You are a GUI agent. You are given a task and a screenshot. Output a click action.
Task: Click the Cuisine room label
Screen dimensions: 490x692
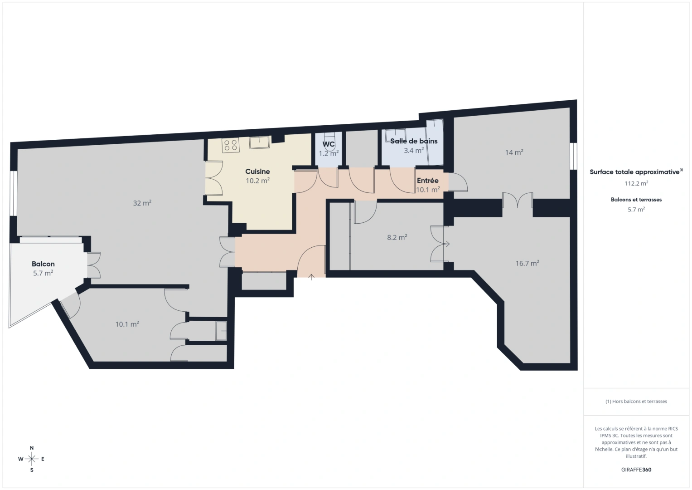(257, 171)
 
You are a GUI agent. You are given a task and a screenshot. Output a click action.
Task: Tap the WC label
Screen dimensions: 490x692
(329, 144)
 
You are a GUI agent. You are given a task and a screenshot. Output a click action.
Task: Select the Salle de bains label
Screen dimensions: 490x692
(414, 141)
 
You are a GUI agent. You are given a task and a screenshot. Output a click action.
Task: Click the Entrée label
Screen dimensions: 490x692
(427, 181)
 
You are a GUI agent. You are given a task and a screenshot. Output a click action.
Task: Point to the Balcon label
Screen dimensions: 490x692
(43, 264)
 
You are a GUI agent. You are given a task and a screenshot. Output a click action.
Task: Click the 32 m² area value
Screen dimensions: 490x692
(142, 203)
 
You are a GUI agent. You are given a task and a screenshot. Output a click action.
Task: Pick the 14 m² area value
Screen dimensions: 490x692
(514, 152)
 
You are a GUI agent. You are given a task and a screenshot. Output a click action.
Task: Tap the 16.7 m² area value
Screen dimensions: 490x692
(527, 264)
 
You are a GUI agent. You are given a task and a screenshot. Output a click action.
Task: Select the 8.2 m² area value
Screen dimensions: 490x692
(397, 237)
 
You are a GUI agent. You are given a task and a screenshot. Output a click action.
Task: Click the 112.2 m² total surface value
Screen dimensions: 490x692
(636, 184)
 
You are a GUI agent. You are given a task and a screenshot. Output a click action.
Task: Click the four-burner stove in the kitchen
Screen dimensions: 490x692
(230, 145)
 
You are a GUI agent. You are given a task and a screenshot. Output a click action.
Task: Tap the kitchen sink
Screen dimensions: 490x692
(259, 142)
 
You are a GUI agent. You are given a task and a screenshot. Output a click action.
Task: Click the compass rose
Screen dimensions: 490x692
(32, 459)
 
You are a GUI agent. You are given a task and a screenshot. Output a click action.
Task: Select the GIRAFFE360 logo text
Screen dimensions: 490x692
(636, 470)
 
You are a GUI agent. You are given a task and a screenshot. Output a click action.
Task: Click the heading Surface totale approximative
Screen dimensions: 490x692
(634, 172)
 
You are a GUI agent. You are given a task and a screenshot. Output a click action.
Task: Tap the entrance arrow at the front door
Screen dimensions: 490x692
(312, 277)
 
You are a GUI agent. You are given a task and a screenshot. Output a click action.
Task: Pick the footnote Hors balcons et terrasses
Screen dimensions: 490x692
(636, 402)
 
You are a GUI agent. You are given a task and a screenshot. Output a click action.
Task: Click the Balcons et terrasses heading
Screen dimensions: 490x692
(636, 200)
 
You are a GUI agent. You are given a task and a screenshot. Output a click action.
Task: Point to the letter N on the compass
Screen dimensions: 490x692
(32, 448)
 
